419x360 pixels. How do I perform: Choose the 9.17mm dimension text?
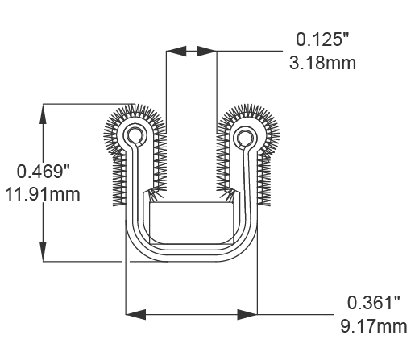[372, 326]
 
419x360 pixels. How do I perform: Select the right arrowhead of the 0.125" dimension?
[206, 51]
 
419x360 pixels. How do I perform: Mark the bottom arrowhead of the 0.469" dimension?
[42, 253]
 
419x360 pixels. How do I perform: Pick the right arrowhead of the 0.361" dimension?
[248, 313]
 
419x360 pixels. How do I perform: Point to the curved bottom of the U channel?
[191, 256]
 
